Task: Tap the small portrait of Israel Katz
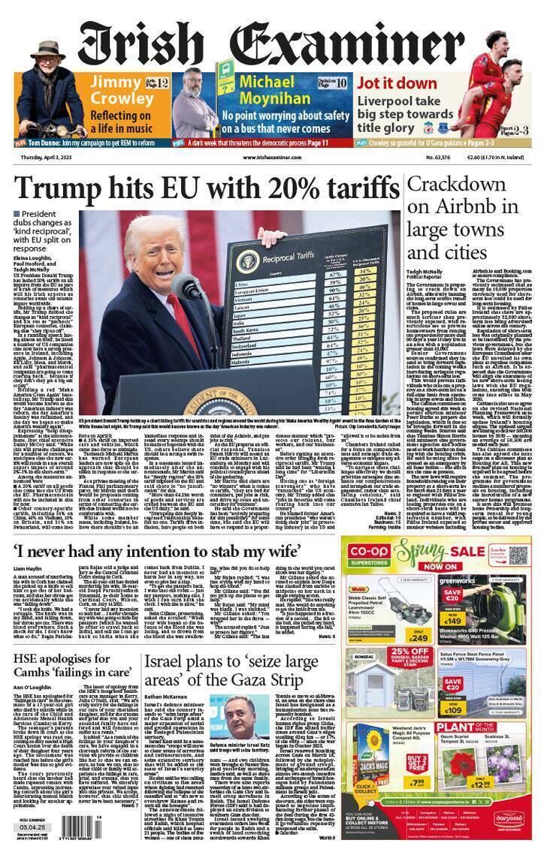click(x=228, y=718)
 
